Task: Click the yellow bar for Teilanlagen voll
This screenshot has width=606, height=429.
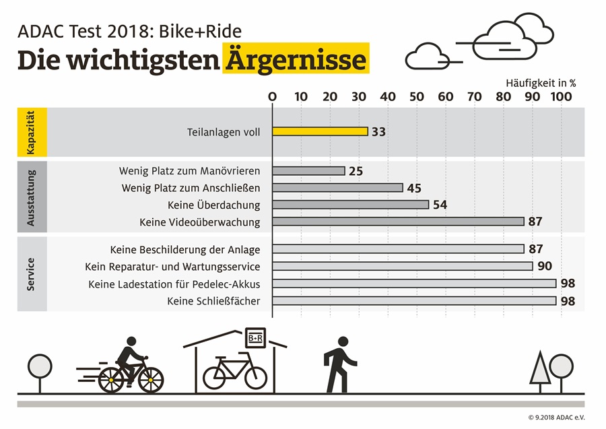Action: (320, 132)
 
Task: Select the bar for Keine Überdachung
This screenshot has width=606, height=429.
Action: (350, 205)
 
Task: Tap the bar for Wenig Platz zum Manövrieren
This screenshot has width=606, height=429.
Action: (308, 171)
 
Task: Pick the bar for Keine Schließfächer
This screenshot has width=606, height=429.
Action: (414, 300)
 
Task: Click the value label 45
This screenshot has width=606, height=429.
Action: (414, 188)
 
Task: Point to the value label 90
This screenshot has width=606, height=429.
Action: (543, 266)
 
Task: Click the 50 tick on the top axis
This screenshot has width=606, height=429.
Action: (417, 97)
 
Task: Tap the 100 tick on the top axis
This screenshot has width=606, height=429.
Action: (561, 97)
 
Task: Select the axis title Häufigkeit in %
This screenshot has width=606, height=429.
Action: (541, 83)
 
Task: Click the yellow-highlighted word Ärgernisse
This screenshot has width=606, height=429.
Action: (296, 60)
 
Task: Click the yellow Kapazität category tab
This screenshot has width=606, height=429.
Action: (32, 132)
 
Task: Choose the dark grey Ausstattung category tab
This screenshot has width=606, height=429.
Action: (32, 196)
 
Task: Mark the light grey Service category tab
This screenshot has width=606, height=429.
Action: (32, 274)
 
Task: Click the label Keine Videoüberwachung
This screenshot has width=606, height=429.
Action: (199, 222)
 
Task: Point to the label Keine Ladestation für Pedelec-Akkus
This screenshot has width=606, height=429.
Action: (174, 284)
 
